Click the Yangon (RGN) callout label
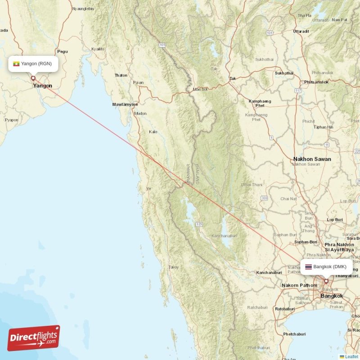click(33, 63)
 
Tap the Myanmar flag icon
click(16, 63)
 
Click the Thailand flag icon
click(308, 267)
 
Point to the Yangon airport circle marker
click(33, 78)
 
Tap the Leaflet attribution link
click(351, 356)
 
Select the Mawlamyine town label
click(125, 104)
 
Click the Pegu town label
click(62, 52)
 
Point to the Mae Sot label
click(200, 89)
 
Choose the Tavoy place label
click(173, 267)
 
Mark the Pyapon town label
click(11, 120)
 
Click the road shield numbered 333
click(264, 198)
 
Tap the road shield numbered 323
click(198, 224)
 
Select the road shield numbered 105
click(162, 45)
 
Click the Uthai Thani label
click(252, 184)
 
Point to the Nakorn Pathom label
click(299, 285)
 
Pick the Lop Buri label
click(335, 220)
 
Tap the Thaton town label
click(121, 75)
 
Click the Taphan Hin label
click(323, 127)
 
